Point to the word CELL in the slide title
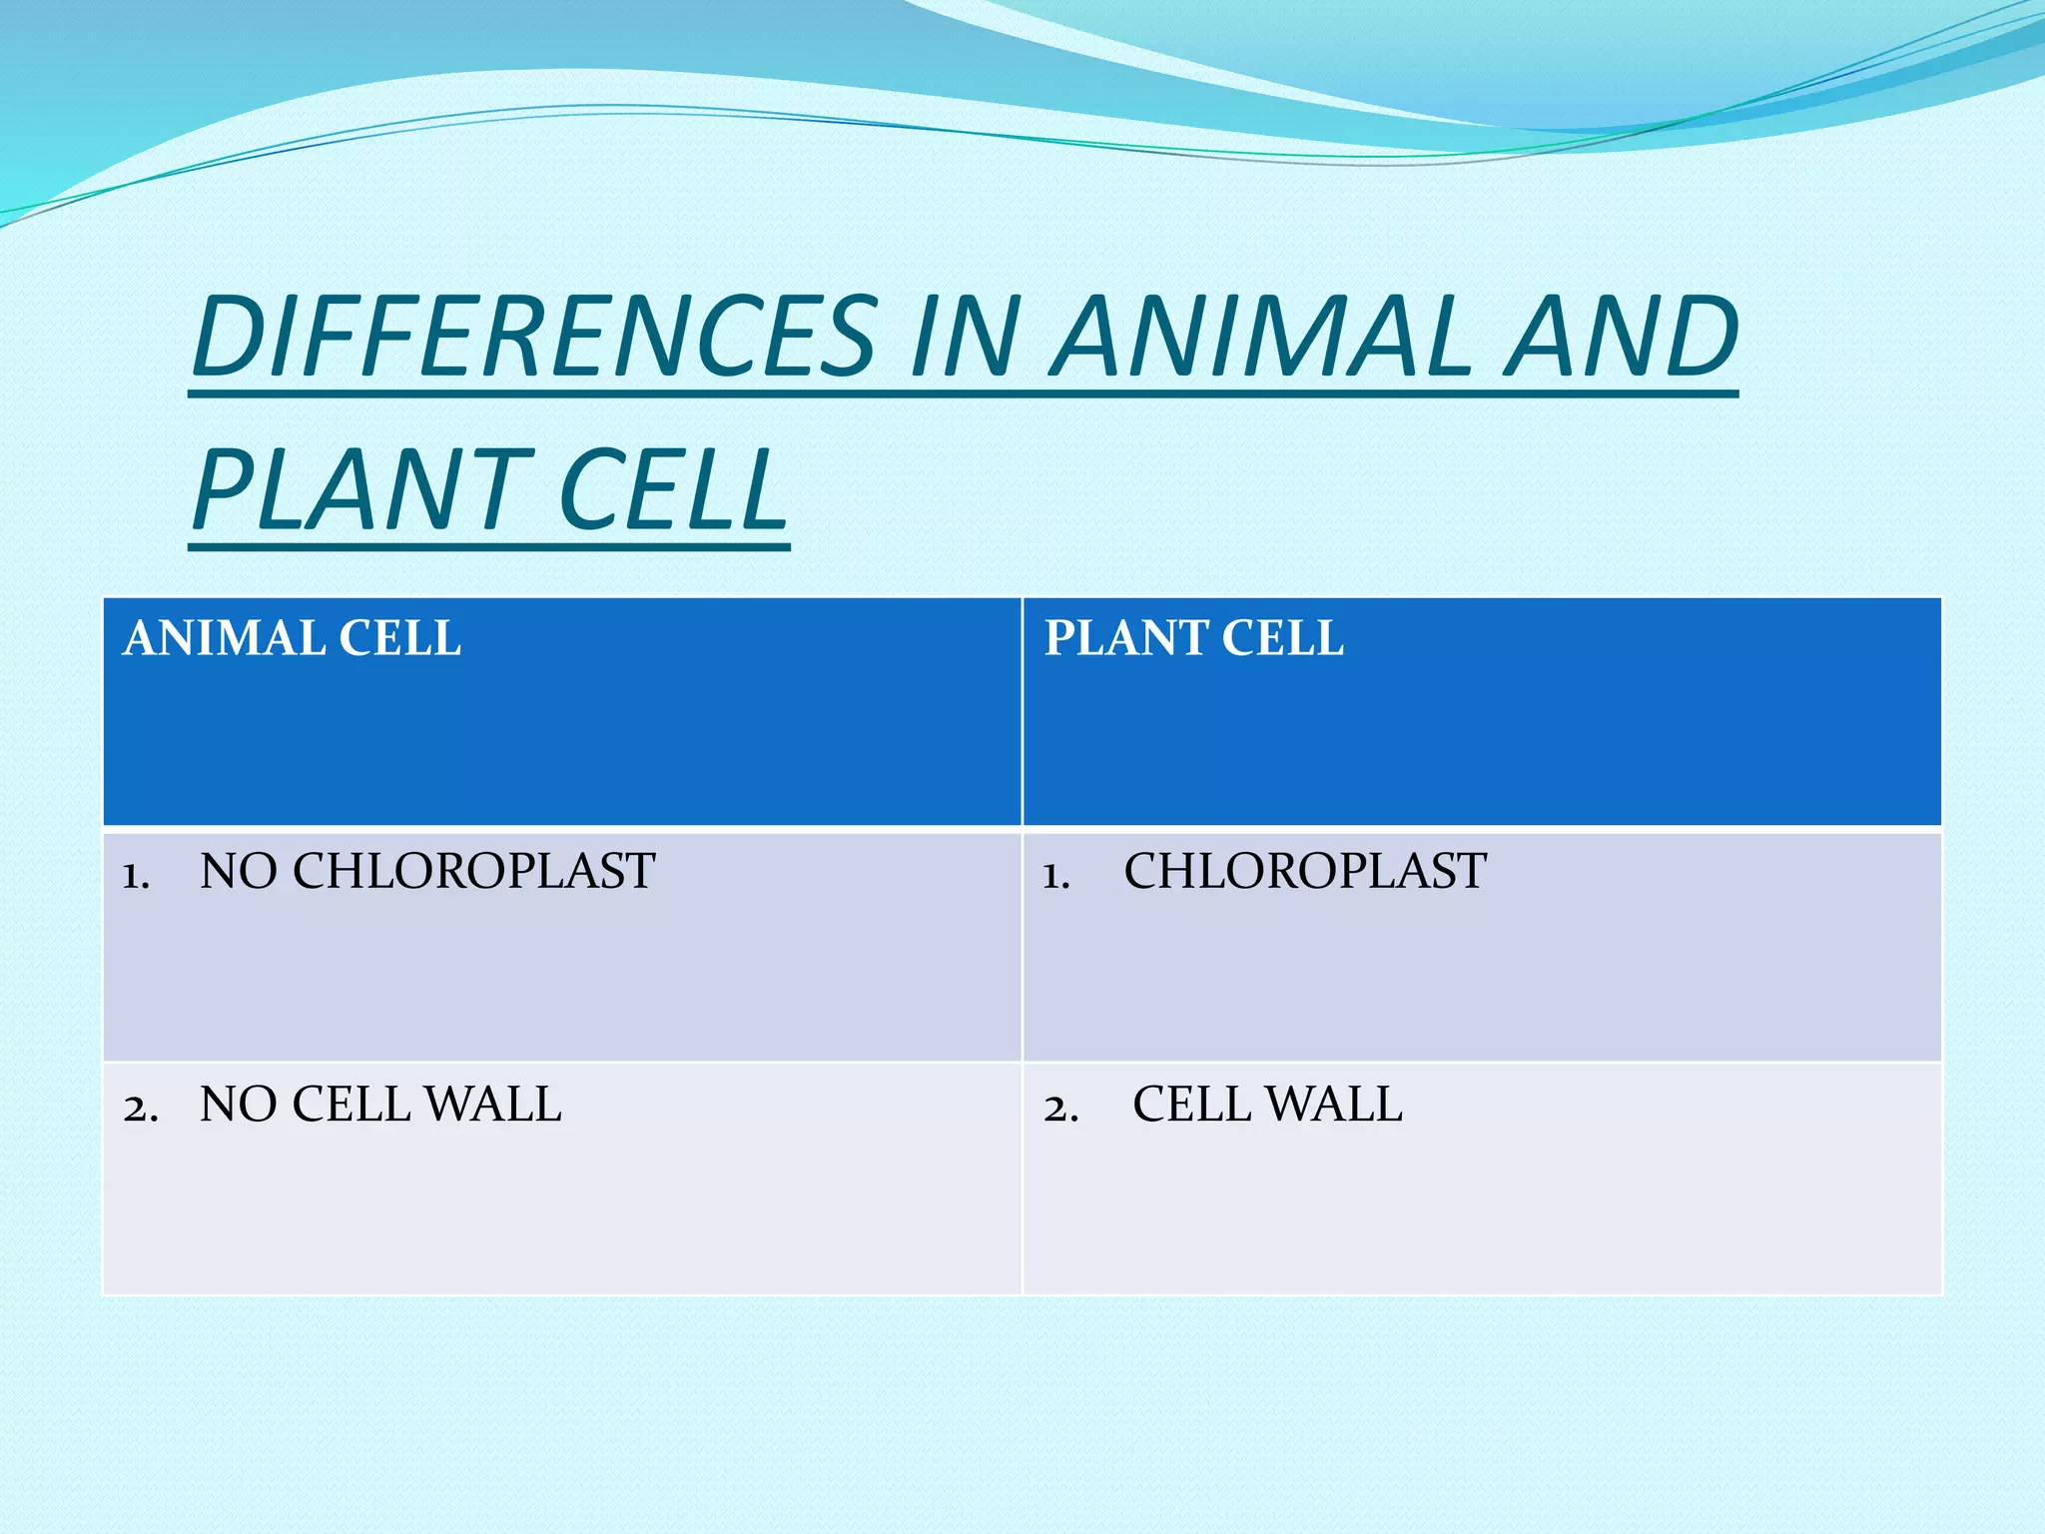tap(673, 489)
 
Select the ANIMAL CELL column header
tap(292, 638)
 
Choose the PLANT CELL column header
tap(1193, 638)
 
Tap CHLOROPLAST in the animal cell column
tap(474, 871)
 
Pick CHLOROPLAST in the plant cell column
tap(1305, 871)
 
